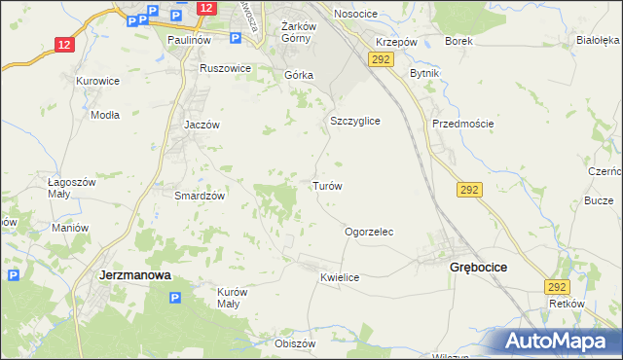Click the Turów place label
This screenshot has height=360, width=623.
point(325,185)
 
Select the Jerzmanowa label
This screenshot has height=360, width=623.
point(135,275)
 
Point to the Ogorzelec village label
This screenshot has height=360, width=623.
point(369,233)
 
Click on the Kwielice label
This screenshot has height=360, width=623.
point(340,278)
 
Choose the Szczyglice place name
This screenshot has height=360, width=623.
point(354,121)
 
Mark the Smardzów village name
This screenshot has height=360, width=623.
point(200,196)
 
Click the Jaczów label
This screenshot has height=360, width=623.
point(202,125)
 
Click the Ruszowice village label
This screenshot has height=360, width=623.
point(225,69)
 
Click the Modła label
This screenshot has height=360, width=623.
point(104,114)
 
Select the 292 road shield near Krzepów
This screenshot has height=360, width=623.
point(381,60)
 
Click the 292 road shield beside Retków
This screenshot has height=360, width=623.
point(557,287)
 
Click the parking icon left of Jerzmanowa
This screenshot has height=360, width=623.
point(14,275)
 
